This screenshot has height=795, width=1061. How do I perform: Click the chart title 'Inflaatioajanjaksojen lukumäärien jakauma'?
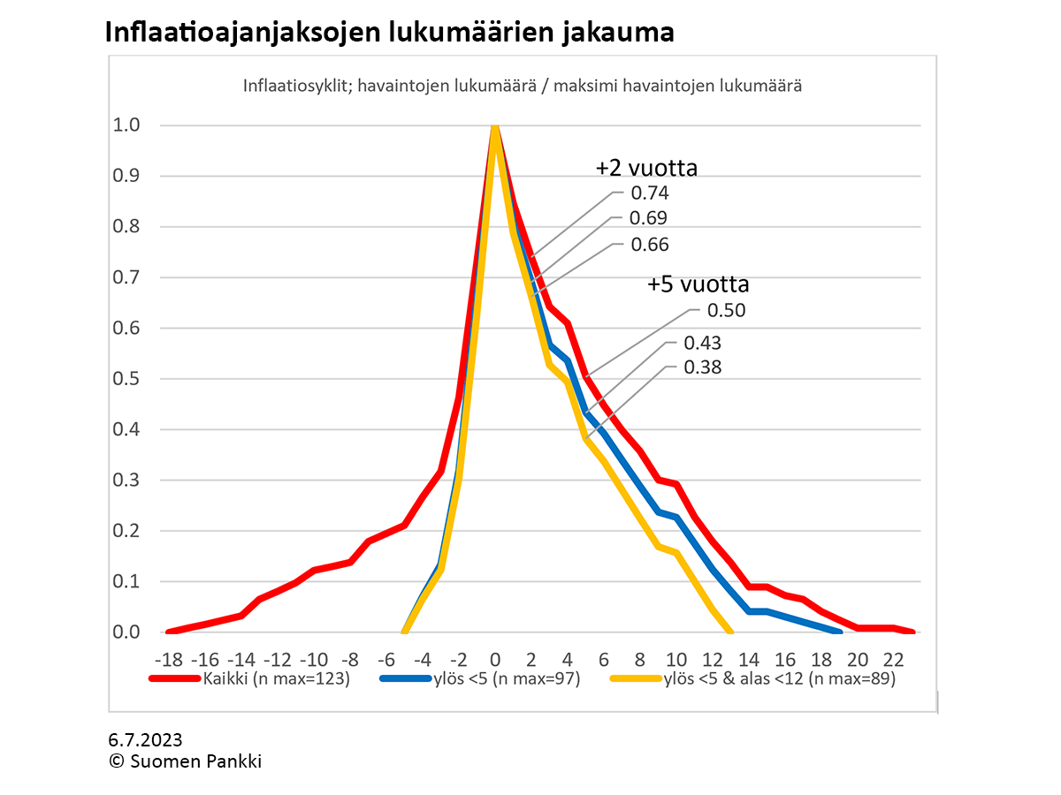pyautogui.click(x=389, y=33)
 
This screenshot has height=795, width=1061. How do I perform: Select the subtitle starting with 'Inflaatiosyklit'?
pyautogui.click(x=522, y=87)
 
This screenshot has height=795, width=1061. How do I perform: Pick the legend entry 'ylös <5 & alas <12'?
pyautogui.click(x=779, y=679)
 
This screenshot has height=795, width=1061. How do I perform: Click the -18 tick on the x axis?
pyautogui.click(x=168, y=660)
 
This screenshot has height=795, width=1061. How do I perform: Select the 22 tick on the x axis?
pyautogui.click(x=894, y=660)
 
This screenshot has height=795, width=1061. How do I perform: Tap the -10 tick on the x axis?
pyautogui.click(x=313, y=660)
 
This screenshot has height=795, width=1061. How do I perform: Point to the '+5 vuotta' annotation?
pyautogui.click(x=698, y=284)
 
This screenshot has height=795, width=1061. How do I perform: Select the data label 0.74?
pyautogui.click(x=649, y=193)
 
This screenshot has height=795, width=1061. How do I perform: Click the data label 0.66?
pyautogui.click(x=649, y=245)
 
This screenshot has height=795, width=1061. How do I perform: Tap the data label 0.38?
pyautogui.click(x=703, y=367)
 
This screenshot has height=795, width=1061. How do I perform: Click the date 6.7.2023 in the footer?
pyautogui.click(x=145, y=740)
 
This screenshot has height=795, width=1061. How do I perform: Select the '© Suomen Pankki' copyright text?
pyautogui.click(x=185, y=761)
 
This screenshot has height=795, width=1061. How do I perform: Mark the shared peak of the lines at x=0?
pyautogui.click(x=495, y=127)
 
